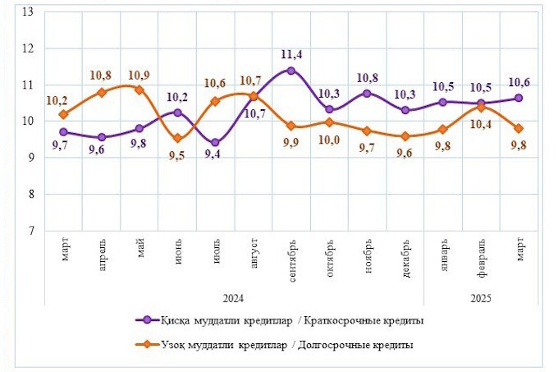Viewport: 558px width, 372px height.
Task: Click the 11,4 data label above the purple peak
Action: (x=291, y=55)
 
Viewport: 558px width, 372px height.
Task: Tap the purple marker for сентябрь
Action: (x=291, y=71)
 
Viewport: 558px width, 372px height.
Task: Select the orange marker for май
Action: (x=139, y=90)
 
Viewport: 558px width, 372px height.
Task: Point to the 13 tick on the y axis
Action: (x=29, y=12)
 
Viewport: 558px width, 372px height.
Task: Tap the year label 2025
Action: (x=482, y=297)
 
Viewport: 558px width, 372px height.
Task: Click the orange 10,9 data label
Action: (x=138, y=74)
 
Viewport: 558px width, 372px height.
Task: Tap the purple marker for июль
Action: (x=215, y=143)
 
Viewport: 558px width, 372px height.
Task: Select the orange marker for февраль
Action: (x=482, y=107)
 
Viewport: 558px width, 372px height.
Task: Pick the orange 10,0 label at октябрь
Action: (x=330, y=140)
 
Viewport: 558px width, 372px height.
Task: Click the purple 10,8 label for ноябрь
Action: (x=367, y=78)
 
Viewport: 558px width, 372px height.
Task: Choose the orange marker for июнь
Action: (x=177, y=139)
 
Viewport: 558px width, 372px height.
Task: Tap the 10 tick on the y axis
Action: (x=29, y=122)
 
